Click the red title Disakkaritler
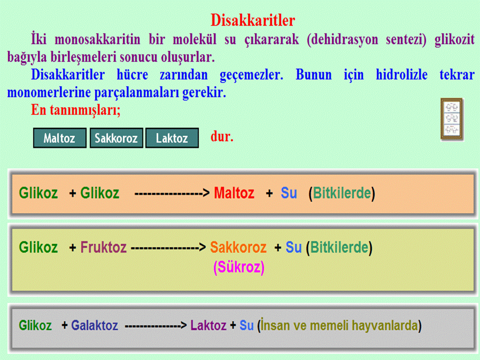(252, 20)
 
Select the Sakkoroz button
(116, 138)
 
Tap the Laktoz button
(172, 138)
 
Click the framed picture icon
(451, 119)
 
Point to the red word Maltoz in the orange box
(234, 193)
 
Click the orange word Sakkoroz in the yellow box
(238, 247)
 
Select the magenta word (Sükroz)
(239, 267)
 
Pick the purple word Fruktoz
(103, 247)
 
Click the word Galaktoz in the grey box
(94, 325)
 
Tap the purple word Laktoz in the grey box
(208, 325)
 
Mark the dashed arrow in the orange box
(172, 193)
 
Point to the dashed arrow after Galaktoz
(156, 325)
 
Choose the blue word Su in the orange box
(288, 193)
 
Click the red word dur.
(222, 136)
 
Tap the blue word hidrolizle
(401, 74)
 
